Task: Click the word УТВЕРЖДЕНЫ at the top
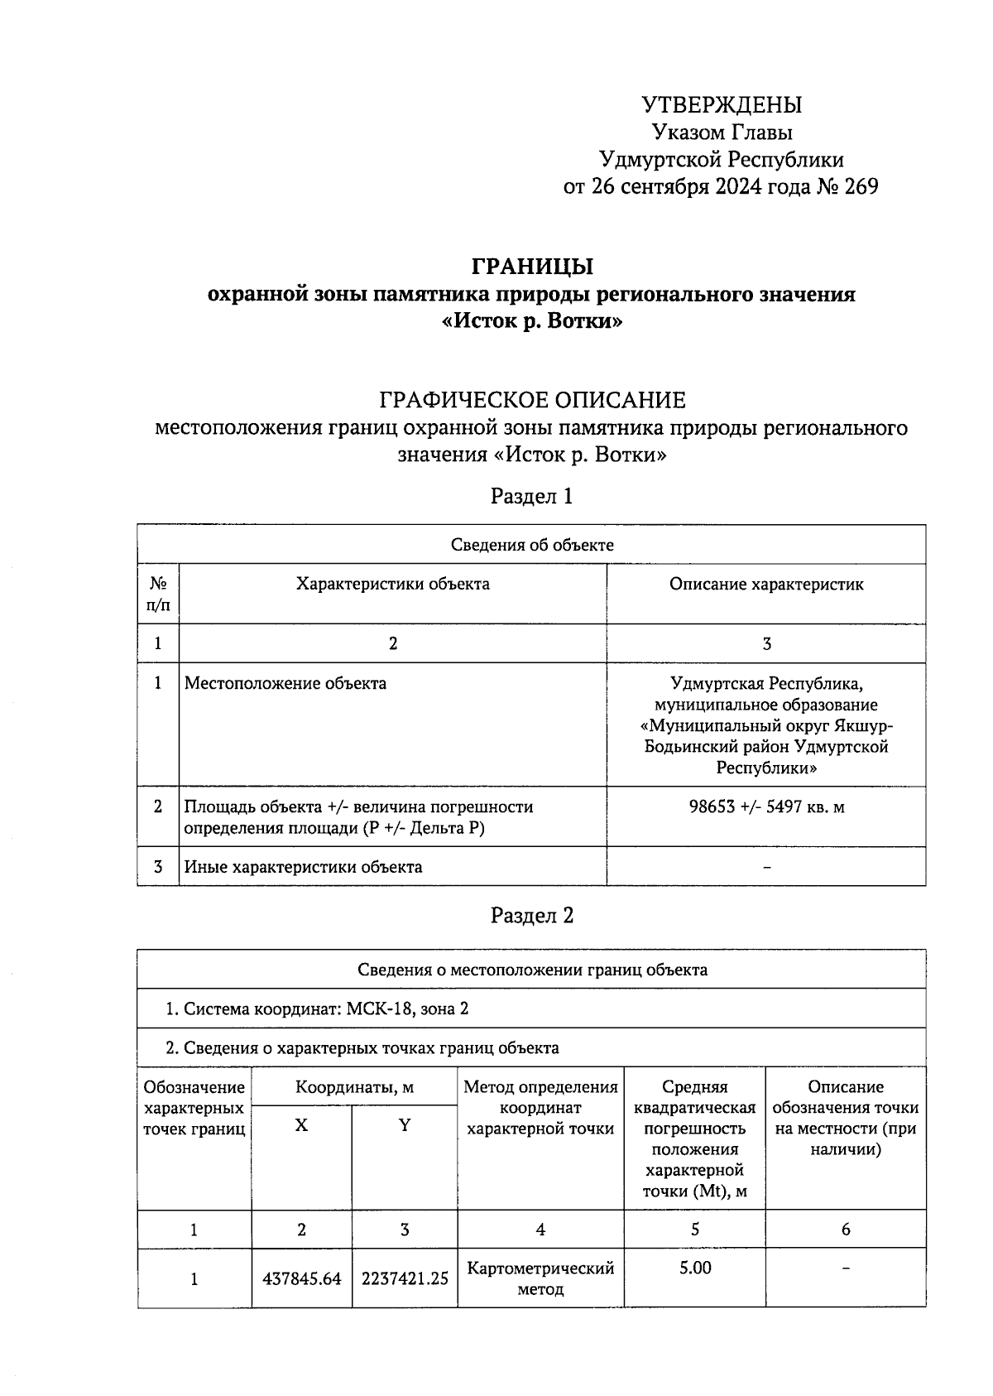click(722, 105)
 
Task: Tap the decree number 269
click(861, 186)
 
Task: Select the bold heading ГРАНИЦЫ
click(532, 267)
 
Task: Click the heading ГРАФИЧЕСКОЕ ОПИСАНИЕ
click(532, 401)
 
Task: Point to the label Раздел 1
click(532, 496)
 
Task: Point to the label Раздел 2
click(532, 916)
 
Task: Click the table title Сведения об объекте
click(532, 545)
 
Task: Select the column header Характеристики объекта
click(393, 585)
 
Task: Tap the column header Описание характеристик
click(766, 585)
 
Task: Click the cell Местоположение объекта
click(285, 684)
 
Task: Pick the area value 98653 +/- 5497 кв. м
click(766, 806)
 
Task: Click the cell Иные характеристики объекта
click(303, 867)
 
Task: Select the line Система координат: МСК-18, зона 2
click(318, 1009)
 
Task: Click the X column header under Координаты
click(301, 1126)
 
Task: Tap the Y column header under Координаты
click(405, 1126)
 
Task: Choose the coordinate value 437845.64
click(301, 1279)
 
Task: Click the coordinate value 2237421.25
click(405, 1279)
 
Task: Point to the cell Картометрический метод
click(540, 1279)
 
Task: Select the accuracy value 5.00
click(695, 1268)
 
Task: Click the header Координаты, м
click(354, 1087)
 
